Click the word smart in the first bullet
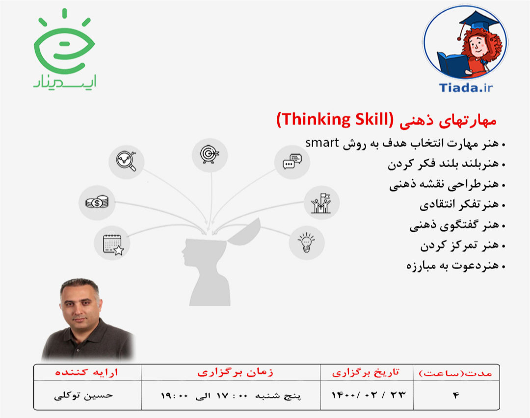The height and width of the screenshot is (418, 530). (x=322, y=143)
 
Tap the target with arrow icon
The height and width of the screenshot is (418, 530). (x=210, y=154)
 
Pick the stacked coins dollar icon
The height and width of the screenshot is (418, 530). (x=97, y=201)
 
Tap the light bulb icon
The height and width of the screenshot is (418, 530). (x=306, y=242)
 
